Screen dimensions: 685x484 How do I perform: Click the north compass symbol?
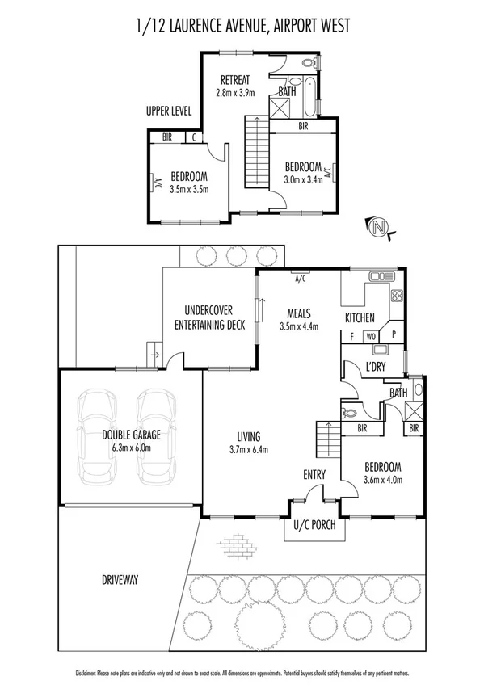pos(378,229)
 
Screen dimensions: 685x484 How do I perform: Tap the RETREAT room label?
pos(235,79)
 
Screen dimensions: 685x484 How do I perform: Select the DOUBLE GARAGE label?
pos(131,435)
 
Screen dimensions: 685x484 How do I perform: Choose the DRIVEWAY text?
pos(121,579)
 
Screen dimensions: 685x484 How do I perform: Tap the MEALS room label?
pos(300,312)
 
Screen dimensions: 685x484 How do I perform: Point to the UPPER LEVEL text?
pos(169,111)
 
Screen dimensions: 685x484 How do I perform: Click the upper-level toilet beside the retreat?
pos(308,63)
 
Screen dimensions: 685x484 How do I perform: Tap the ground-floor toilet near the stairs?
pos(348,411)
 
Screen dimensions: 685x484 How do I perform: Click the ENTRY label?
pos(314,474)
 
